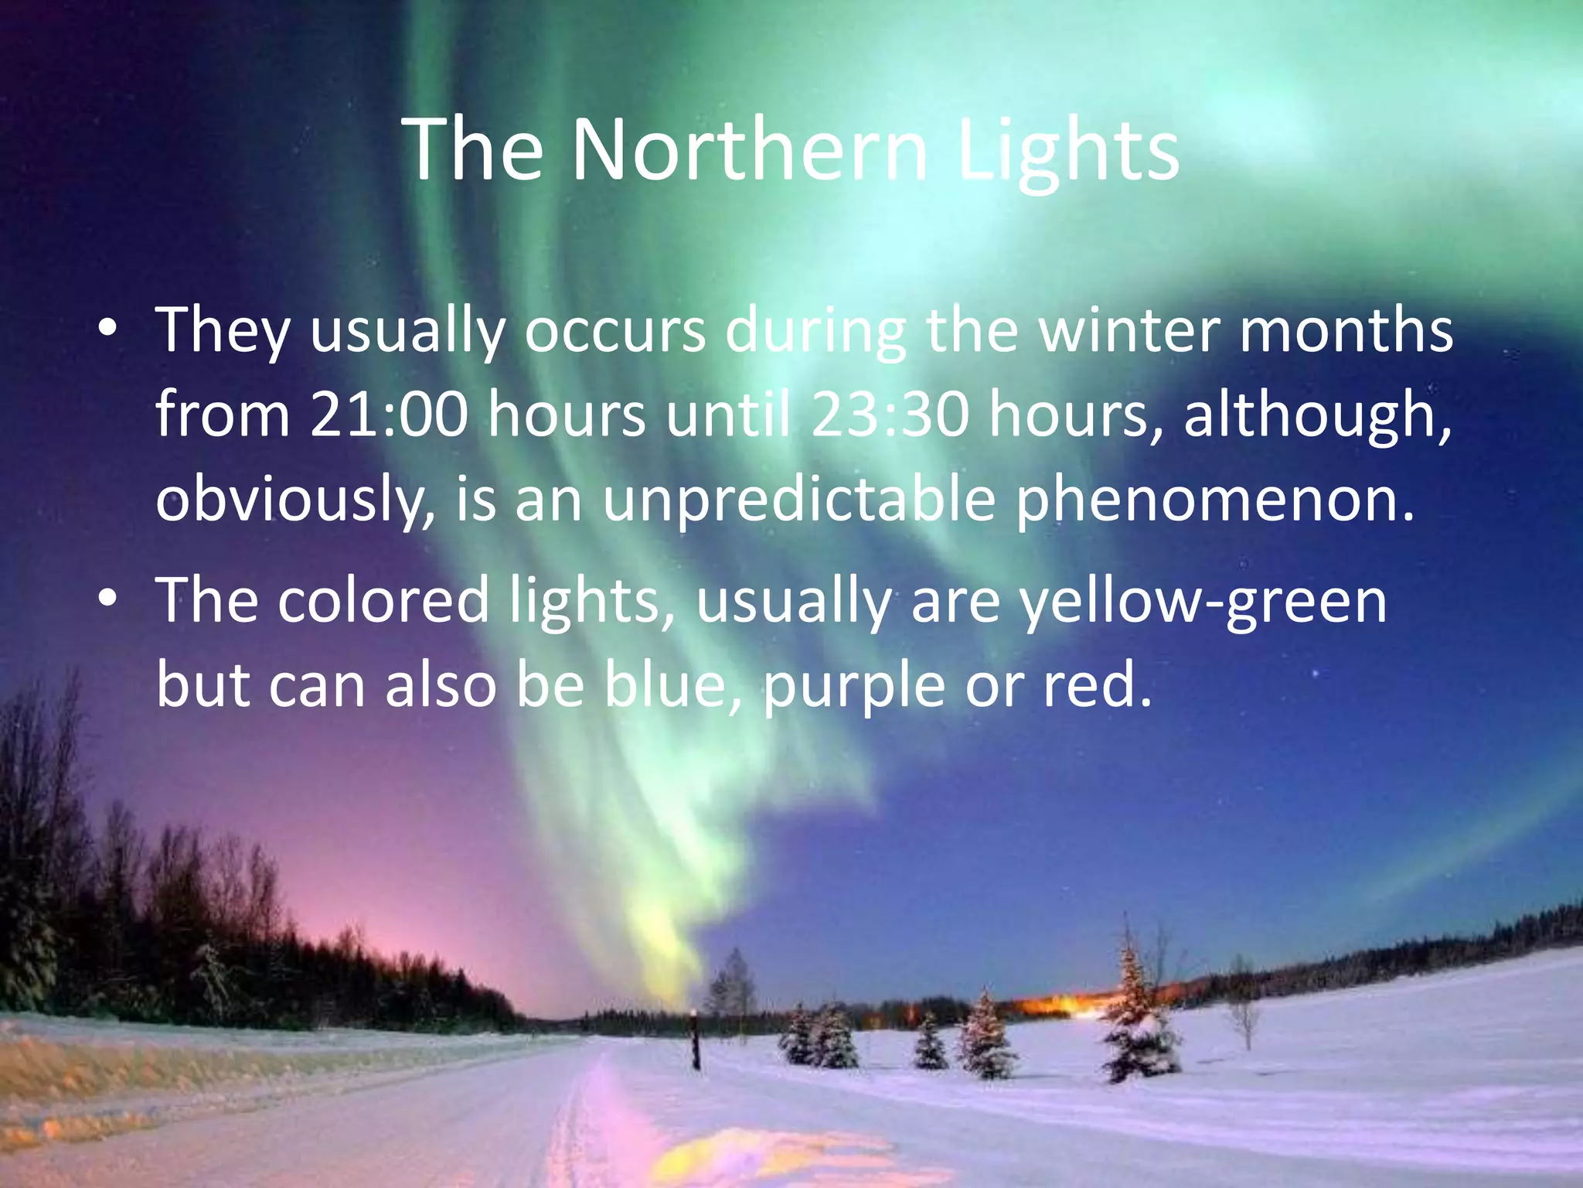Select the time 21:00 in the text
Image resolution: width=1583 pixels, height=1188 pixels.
[x=389, y=415]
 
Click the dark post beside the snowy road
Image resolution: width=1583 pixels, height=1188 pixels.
[x=696, y=1040]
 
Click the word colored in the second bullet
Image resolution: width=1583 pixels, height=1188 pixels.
[x=383, y=600]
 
